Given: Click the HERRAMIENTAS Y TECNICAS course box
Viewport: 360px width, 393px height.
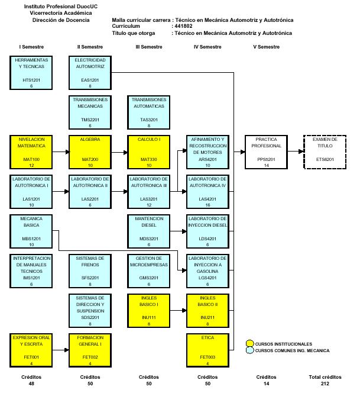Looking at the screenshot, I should pos(32,72).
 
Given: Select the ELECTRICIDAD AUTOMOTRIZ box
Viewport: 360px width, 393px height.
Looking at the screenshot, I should pos(90,72).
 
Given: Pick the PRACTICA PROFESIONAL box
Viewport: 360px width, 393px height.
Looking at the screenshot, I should pos(267,152).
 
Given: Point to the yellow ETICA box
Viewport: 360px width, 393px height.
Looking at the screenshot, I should pos(207,350).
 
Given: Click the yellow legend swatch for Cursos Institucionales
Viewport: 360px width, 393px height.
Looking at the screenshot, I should pos(250,344).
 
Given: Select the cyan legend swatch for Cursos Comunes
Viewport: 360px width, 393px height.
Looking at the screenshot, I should pos(250,351).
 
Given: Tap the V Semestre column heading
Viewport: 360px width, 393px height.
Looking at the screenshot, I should pos(266,47).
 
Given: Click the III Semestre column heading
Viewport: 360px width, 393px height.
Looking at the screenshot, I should pos(148,47).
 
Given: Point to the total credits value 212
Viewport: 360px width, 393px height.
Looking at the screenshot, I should pos(325,384).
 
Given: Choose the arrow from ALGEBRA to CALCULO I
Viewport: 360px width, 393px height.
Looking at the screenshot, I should pos(119,152).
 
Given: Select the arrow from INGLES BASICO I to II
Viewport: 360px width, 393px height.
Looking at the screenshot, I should pos(178,310).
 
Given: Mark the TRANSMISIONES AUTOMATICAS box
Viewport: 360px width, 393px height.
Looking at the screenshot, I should pos(148,112).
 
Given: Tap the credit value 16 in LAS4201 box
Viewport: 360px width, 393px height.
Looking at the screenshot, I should pos(207,205).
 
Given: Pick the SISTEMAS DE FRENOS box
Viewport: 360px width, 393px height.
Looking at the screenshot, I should pos(90,270).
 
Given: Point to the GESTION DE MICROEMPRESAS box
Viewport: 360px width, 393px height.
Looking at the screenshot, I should pos(148,270).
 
